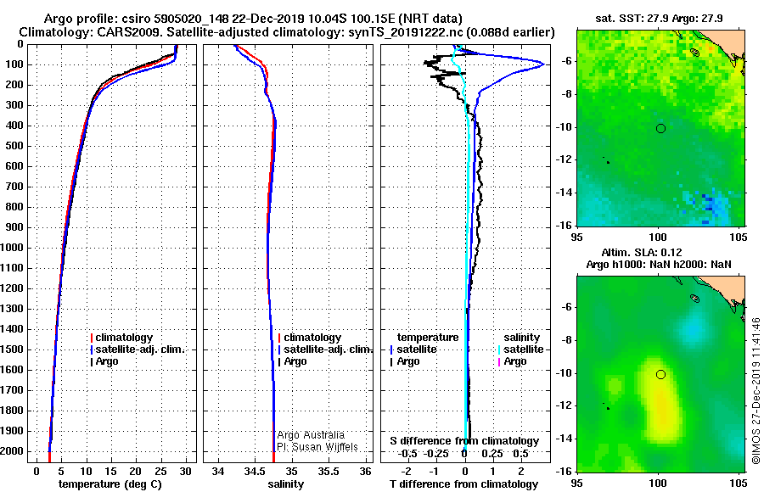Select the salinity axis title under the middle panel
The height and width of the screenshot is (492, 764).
[x=285, y=484]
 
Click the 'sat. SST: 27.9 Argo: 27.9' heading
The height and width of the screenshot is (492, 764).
[x=660, y=18]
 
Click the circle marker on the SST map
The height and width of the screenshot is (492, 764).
[x=660, y=128]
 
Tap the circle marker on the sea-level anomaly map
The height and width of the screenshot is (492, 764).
[x=660, y=374]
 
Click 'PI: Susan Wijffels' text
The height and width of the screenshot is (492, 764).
[x=317, y=447]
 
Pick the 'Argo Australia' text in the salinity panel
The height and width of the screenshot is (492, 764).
[x=311, y=435]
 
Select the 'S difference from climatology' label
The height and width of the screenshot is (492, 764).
[x=464, y=441]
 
